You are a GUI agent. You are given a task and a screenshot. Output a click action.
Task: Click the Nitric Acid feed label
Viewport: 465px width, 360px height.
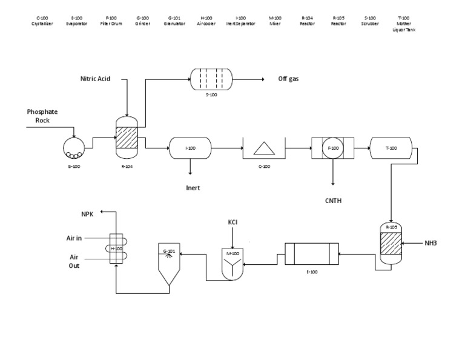point(104,79)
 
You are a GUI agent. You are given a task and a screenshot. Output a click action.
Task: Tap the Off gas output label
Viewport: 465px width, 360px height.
point(288,79)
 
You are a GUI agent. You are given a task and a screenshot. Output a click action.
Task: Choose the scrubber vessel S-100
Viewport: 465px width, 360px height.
point(210,79)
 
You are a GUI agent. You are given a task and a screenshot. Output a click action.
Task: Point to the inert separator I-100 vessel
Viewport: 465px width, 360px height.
point(190,147)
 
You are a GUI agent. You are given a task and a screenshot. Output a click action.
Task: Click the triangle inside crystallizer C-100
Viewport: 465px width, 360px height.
point(263,148)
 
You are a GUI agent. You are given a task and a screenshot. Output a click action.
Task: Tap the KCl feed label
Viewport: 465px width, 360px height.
point(233,222)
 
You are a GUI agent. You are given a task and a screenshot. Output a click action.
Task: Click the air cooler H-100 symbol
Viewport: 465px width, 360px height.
point(116,248)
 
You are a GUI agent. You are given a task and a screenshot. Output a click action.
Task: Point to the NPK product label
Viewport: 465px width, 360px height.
point(88,214)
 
